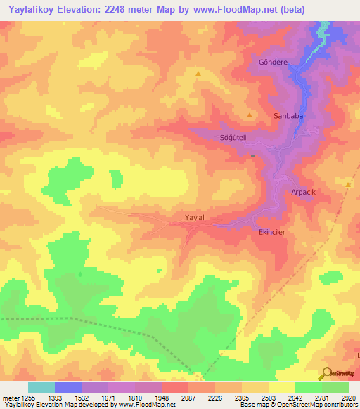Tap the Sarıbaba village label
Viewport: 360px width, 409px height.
pyautogui.click(x=287, y=114)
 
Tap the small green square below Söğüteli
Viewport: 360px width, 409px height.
pyautogui.click(x=252, y=155)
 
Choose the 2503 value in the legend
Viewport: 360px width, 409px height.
pyautogui.click(x=268, y=398)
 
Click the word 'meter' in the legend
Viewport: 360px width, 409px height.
pyautogui.click(x=11, y=398)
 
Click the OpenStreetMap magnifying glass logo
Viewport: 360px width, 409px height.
pyautogui.click(x=326, y=373)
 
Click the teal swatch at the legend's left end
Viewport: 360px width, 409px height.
pyautogui.click(x=41, y=387)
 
